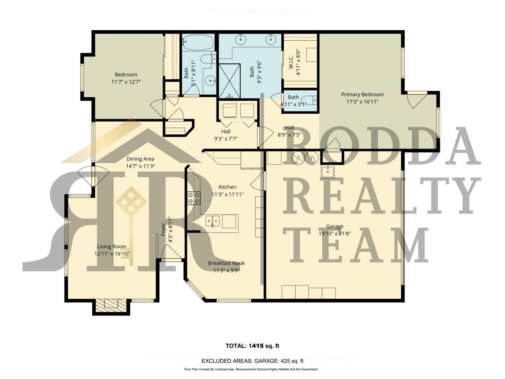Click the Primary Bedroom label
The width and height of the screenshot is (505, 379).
[362, 94]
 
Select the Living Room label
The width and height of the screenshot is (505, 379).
[112, 247]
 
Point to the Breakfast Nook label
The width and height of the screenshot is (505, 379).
[226, 263]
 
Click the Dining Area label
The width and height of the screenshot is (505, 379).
[140, 159]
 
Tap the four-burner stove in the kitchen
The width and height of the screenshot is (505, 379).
[193, 198]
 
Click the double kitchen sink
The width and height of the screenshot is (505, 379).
[212, 221]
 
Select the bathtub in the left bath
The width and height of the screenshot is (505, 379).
[198, 42]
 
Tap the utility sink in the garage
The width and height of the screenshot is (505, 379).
[327, 171]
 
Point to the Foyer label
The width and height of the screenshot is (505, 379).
[163, 230]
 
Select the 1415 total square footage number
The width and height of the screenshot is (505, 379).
[256, 346]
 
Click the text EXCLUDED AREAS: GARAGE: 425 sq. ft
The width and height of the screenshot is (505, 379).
[252, 361]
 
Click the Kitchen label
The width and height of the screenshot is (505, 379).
[227, 187]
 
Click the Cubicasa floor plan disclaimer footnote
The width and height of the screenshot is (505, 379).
[251, 369]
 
